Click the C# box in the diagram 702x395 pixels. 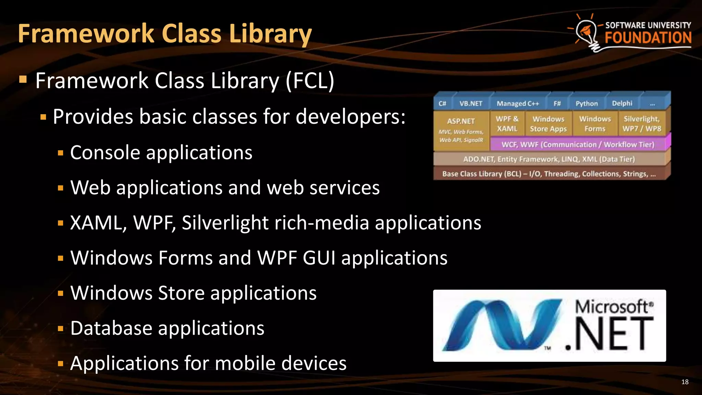click(442, 104)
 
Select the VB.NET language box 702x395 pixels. click(471, 104)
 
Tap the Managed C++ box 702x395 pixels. click(518, 104)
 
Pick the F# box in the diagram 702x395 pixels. click(557, 104)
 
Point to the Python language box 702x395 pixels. click(586, 104)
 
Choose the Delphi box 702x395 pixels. click(622, 104)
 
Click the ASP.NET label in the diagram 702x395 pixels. click(461, 121)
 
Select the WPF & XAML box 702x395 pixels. click(507, 124)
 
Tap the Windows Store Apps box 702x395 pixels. click(548, 124)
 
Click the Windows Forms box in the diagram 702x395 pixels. click(595, 124)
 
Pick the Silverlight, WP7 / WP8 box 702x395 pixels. click(641, 124)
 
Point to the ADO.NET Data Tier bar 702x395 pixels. click(549, 159)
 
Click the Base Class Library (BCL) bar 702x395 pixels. click(549, 174)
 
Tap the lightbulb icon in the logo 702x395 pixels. click(587, 33)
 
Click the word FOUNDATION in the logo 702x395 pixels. click(648, 38)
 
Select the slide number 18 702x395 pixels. click(685, 382)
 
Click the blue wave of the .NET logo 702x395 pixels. click(500, 326)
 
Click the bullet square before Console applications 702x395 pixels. click(61, 153)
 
